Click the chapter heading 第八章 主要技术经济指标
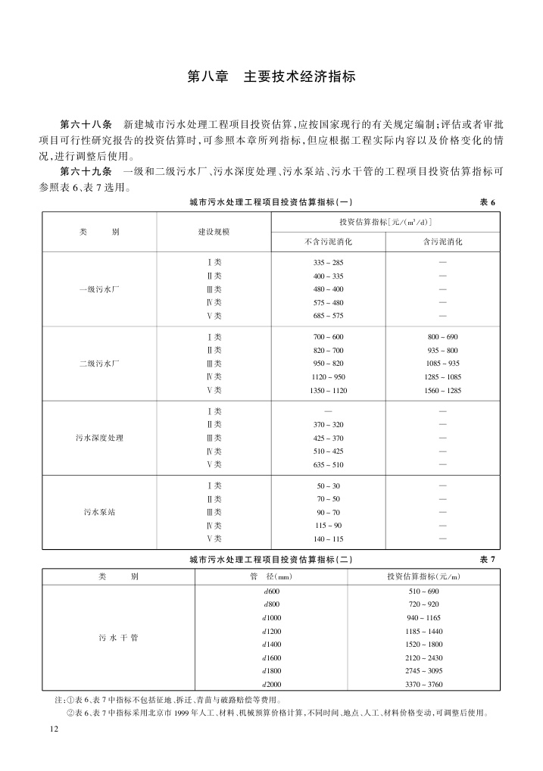click(x=271, y=77)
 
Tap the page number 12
click(x=52, y=729)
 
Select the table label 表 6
click(x=487, y=202)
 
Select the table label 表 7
click(x=487, y=559)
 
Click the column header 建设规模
click(x=214, y=231)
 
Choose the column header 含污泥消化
click(x=442, y=242)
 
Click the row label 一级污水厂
click(x=99, y=289)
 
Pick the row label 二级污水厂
click(x=99, y=364)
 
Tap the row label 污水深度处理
click(x=99, y=438)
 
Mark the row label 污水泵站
click(x=99, y=512)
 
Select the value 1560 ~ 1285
click(x=442, y=390)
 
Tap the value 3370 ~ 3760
click(x=423, y=684)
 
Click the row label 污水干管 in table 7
click(x=118, y=638)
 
